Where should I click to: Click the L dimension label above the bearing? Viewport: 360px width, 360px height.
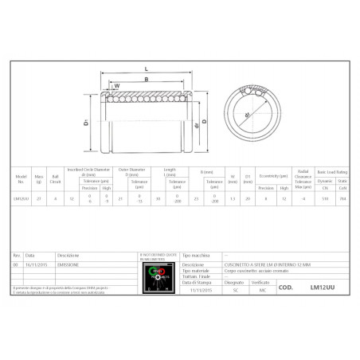pyautogui.click(x=147, y=68)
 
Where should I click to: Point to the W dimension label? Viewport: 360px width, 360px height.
pyautogui.click(x=117, y=86)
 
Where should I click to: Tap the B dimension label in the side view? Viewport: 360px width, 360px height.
pyautogui.click(x=147, y=79)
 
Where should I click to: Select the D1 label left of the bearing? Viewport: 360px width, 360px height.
pyautogui.click(x=86, y=124)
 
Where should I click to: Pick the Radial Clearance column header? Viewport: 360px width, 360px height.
pyautogui.click(x=303, y=175)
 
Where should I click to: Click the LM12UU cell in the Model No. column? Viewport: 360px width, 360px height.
pyautogui.click(x=22, y=198)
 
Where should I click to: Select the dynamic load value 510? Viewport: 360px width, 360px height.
pyautogui.click(x=323, y=198)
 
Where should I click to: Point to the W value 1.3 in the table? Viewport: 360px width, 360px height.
pyautogui.click(x=233, y=198)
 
